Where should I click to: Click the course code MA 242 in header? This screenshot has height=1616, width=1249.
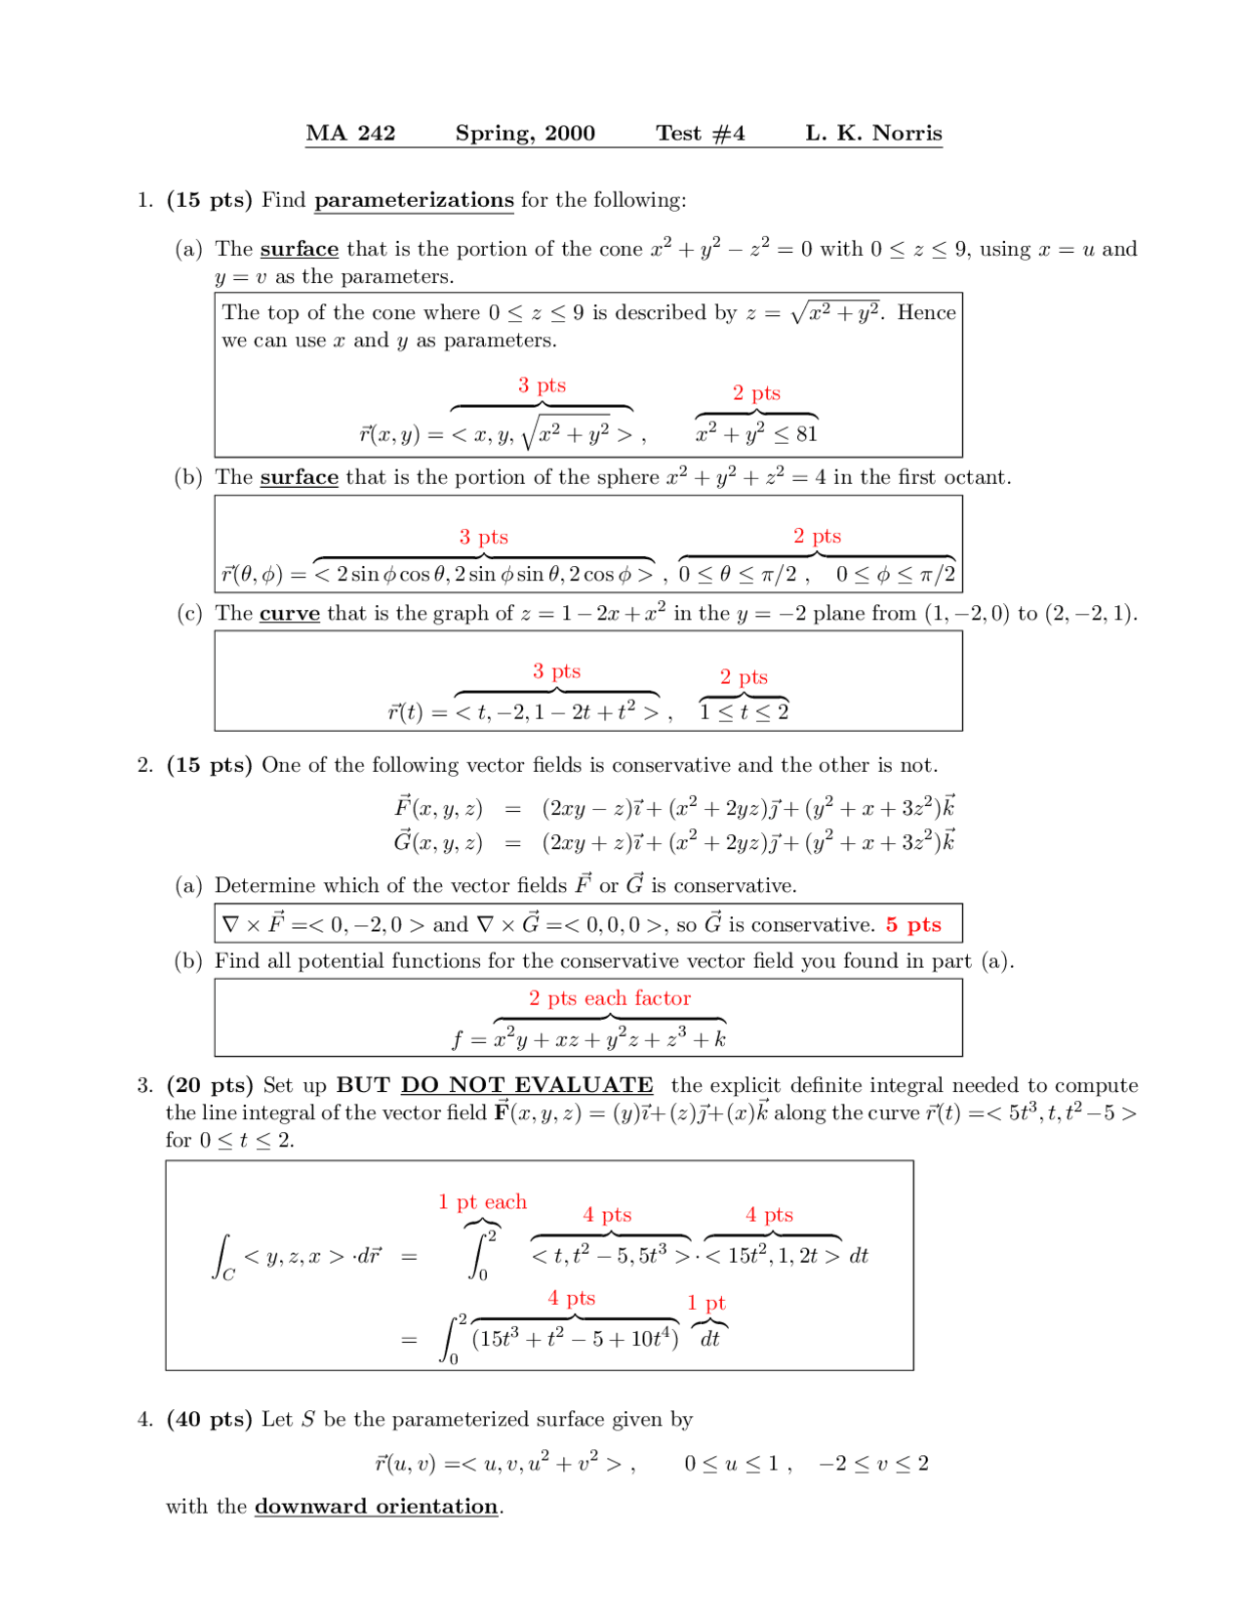(x=350, y=134)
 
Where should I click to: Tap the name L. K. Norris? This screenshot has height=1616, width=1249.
(x=873, y=134)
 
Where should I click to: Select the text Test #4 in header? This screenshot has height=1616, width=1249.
(x=700, y=134)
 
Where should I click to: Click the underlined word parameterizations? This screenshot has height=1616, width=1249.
(x=414, y=201)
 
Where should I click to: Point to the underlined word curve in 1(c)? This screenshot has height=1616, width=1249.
(x=290, y=614)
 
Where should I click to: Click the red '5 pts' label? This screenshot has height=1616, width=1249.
(x=913, y=925)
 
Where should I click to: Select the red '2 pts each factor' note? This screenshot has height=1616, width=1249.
(x=610, y=998)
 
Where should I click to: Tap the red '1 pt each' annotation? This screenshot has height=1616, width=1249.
(x=482, y=1202)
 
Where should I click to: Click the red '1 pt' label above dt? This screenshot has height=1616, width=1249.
(x=706, y=1304)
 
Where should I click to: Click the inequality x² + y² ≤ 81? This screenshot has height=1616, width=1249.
(x=756, y=434)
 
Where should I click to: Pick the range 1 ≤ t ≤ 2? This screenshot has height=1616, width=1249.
(x=744, y=712)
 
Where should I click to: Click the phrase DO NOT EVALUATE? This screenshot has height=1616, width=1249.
(x=527, y=1086)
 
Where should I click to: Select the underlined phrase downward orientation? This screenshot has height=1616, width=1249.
(x=377, y=1507)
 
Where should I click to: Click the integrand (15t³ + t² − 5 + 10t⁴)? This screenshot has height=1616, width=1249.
(x=575, y=1339)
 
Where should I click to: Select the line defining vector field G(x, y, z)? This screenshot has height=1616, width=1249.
(x=673, y=842)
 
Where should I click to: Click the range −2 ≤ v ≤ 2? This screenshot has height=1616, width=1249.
(x=873, y=1464)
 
